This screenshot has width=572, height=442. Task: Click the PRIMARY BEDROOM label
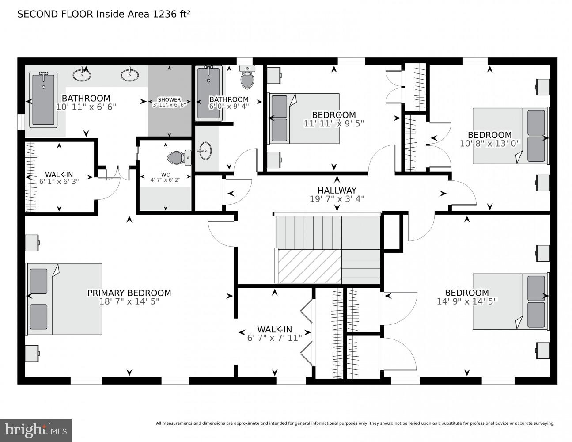coord(129,293)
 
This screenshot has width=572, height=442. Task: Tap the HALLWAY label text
coord(337,191)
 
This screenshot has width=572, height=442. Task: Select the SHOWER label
coord(169,99)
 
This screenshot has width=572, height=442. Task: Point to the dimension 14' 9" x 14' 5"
coord(467,301)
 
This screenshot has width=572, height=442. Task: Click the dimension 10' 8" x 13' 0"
coord(489,143)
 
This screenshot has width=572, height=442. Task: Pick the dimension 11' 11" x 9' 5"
coord(333,124)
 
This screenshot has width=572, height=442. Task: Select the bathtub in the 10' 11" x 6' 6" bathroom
coord(43,99)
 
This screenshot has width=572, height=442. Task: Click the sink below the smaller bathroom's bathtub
coord(204,151)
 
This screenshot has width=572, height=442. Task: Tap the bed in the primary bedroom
coord(64,299)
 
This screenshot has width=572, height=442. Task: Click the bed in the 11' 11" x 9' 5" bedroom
coord(303,118)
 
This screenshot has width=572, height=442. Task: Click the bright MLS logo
coord(36,429)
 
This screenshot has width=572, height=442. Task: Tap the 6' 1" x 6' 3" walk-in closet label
coord(59,177)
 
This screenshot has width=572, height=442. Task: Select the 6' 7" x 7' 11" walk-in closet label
coord(274,333)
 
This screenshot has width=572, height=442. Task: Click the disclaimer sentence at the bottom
coord(355,423)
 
